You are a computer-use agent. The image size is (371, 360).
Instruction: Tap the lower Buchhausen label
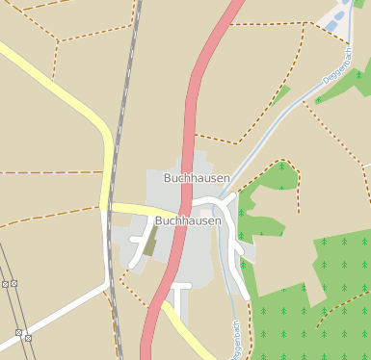[x=188, y=220]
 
